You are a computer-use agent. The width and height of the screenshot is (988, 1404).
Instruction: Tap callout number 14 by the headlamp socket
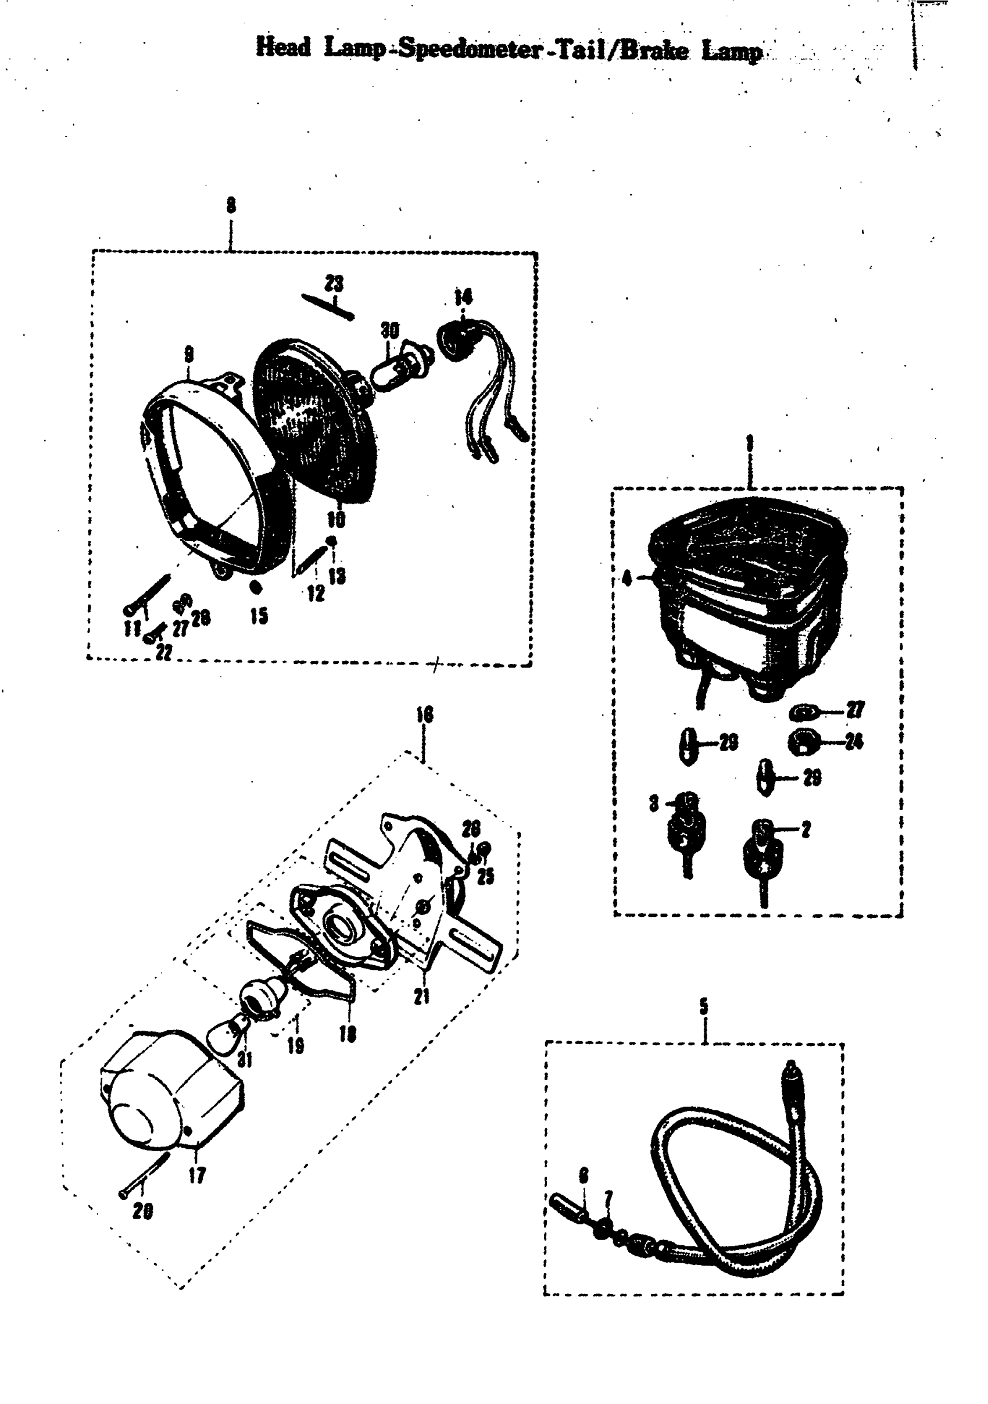pos(463,298)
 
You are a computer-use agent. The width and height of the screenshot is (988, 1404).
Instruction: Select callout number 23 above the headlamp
pos(334,284)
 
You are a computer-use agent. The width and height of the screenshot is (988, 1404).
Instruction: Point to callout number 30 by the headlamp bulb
pos(389,330)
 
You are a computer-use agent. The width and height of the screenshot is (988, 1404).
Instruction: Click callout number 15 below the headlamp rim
pos(259,616)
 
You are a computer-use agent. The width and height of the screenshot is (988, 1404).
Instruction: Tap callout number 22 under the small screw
pos(163,652)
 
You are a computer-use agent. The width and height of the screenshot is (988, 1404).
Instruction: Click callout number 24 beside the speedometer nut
pos(854,742)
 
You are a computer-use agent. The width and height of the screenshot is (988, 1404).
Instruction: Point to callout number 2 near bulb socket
pos(806,830)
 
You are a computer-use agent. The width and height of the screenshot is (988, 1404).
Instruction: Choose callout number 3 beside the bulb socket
pos(654,803)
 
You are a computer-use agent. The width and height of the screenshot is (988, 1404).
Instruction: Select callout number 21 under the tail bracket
pos(422,996)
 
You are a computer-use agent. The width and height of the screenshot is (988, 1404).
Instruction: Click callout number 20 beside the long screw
pos(142,1212)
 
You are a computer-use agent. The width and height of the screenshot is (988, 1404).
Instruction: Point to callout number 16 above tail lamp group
pos(424,714)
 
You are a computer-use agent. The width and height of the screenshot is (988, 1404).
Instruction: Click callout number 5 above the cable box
pos(704,1006)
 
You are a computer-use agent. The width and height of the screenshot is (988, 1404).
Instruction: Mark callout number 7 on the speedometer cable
pos(608,1196)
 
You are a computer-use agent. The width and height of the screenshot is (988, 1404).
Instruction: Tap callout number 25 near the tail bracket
pos(485,877)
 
